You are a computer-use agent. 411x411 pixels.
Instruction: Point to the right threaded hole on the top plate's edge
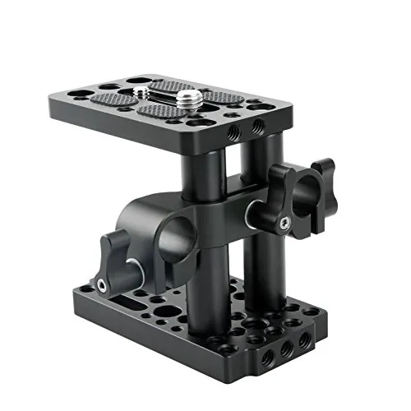pyautogui.click(x=260, y=125)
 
